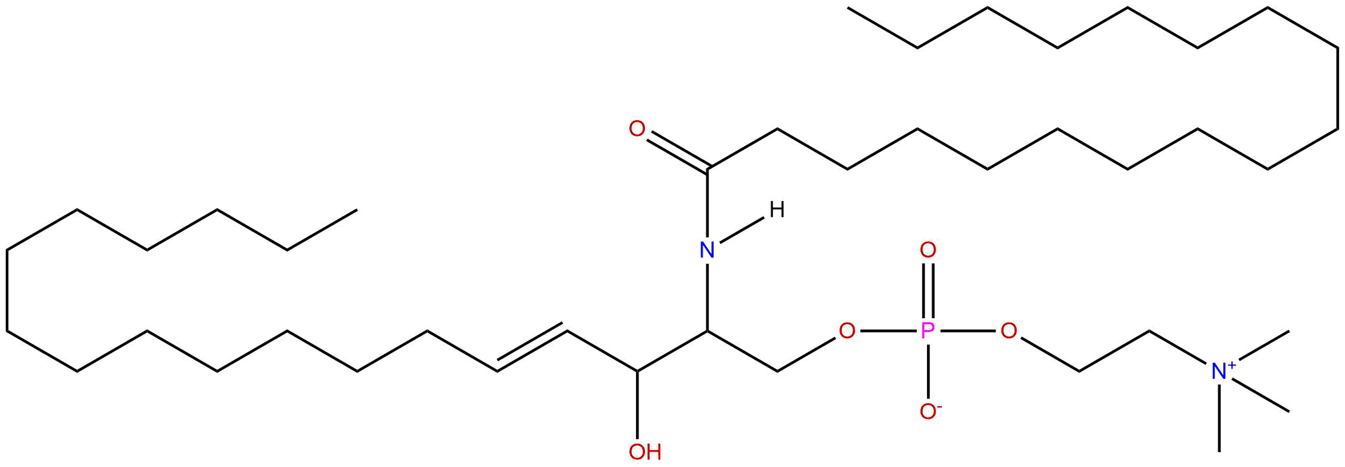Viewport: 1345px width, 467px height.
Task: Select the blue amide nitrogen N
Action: pyautogui.click(x=708, y=249)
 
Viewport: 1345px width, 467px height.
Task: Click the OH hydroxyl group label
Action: pyautogui.click(x=644, y=451)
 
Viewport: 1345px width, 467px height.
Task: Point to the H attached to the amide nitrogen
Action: pyautogui.click(x=777, y=210)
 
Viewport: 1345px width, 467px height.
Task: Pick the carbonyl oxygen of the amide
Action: pyautogui.click(x=637, y=129)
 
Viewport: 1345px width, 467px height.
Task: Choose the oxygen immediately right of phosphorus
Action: pyautogui.click(x=1009, y=331)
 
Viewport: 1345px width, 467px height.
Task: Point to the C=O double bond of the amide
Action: pyautogui.click(x=676, y=151)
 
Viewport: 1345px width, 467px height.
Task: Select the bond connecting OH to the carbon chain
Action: pyautogui.click(x=637, y=404)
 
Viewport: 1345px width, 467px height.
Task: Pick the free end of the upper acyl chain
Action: pyautogui.click(x=848, y=8)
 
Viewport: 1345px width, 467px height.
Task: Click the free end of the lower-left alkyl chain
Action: pyautogui.click(x=356, y=210)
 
